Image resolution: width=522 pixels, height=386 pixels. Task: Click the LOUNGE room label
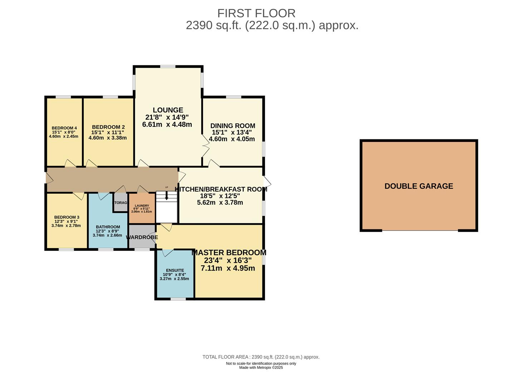tap(168, 110)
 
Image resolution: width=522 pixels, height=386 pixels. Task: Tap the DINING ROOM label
tap(232, 126)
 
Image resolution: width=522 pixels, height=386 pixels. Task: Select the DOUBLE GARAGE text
tap(419, 186)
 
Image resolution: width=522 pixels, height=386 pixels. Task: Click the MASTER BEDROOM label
tap(229, 253)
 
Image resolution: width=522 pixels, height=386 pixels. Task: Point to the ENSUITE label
tap(175, 271)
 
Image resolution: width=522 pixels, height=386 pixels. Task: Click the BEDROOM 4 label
tap(64, 128)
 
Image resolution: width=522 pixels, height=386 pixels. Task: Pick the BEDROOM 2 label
tap(108, 127)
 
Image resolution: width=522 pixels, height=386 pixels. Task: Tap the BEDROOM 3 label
tap(67, 217)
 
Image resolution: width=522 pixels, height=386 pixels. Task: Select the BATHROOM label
tap(108, 227)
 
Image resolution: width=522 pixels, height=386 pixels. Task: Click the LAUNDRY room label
tap(142, 206)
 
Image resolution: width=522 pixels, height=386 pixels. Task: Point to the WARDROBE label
tap(142, 237)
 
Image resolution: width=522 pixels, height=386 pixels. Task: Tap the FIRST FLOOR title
tap(256, 13)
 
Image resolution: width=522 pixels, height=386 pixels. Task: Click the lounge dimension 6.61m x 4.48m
tap(167, 125)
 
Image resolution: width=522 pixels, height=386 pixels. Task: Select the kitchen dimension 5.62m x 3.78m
tap(220, 203)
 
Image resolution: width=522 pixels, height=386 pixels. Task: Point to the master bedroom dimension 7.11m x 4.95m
tap(228, 268)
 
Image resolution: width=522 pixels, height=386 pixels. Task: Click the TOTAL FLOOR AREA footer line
tap(261, 357)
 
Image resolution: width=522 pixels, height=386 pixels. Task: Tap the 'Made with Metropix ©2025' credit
tap(261, 367)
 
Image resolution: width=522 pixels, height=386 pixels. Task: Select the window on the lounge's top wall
tap(168, 66)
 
